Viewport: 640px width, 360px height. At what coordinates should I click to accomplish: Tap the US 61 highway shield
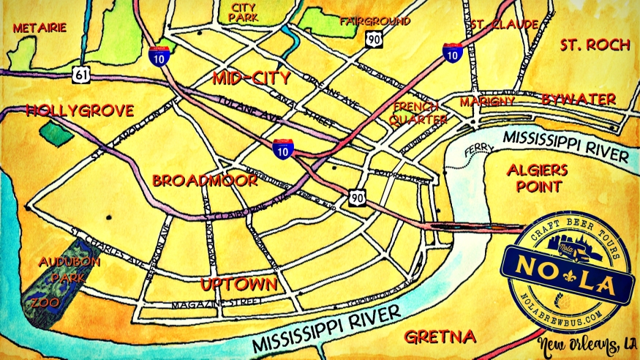pos(81,72)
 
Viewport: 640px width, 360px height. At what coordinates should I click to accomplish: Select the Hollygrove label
pos(80,111)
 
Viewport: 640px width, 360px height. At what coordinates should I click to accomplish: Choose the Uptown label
pos(239,284)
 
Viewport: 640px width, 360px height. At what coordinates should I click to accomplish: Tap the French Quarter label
pos(419,112)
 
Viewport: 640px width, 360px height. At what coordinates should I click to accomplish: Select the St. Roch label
pos(595,45)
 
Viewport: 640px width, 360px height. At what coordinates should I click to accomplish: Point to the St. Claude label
pos(504,24)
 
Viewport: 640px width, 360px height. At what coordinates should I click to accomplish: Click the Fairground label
pos(374,22)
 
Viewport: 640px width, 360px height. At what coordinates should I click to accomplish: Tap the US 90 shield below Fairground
pos(374,41)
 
